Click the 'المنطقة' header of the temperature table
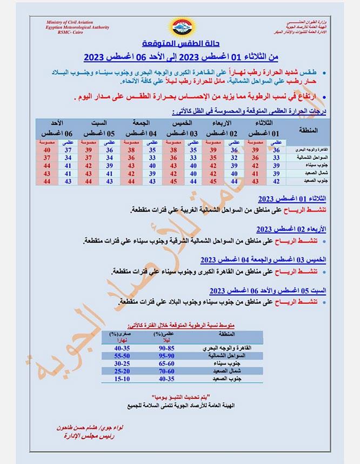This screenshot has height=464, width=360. coord(308,130)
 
